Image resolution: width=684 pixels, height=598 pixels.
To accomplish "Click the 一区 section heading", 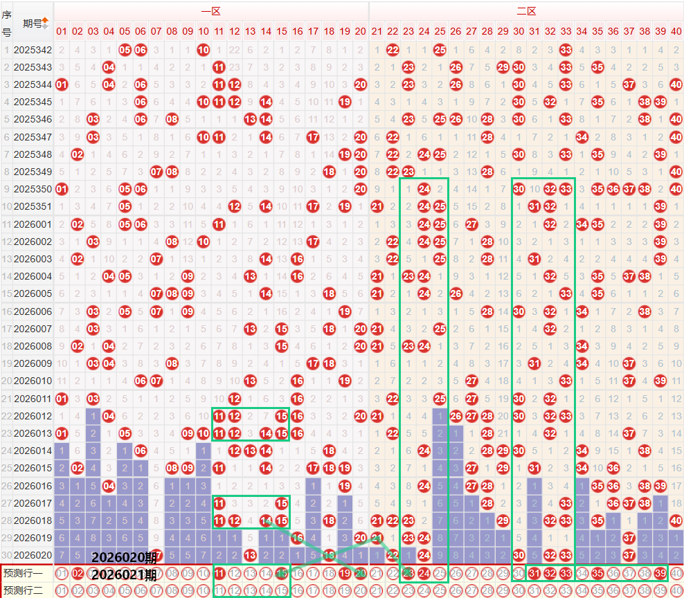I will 211,11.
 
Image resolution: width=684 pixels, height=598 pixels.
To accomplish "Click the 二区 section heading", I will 526,11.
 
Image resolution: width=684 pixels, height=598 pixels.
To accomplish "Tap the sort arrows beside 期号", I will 46,23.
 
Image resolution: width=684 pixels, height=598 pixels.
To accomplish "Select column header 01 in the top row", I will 62,31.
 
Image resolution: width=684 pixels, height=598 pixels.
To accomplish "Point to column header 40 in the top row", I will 676,31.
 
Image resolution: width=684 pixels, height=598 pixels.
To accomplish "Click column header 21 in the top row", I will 377,31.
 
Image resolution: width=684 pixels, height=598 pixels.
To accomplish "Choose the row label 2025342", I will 33,50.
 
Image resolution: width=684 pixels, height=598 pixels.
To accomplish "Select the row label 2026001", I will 33,224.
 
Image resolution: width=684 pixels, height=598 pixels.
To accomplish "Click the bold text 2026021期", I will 124,574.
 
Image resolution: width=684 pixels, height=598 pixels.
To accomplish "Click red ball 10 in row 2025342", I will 204,50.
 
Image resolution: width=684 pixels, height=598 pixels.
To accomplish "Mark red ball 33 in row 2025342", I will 566,50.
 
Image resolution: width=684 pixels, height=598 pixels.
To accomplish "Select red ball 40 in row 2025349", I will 676,172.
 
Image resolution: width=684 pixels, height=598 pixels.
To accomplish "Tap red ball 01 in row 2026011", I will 62,399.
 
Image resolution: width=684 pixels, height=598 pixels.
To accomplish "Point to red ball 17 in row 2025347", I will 313,137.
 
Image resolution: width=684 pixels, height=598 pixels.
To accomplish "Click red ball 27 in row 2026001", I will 471,224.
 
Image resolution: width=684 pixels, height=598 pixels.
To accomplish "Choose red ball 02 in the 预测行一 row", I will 78,573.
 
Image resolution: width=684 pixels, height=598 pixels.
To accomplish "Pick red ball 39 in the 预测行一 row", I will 660,573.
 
